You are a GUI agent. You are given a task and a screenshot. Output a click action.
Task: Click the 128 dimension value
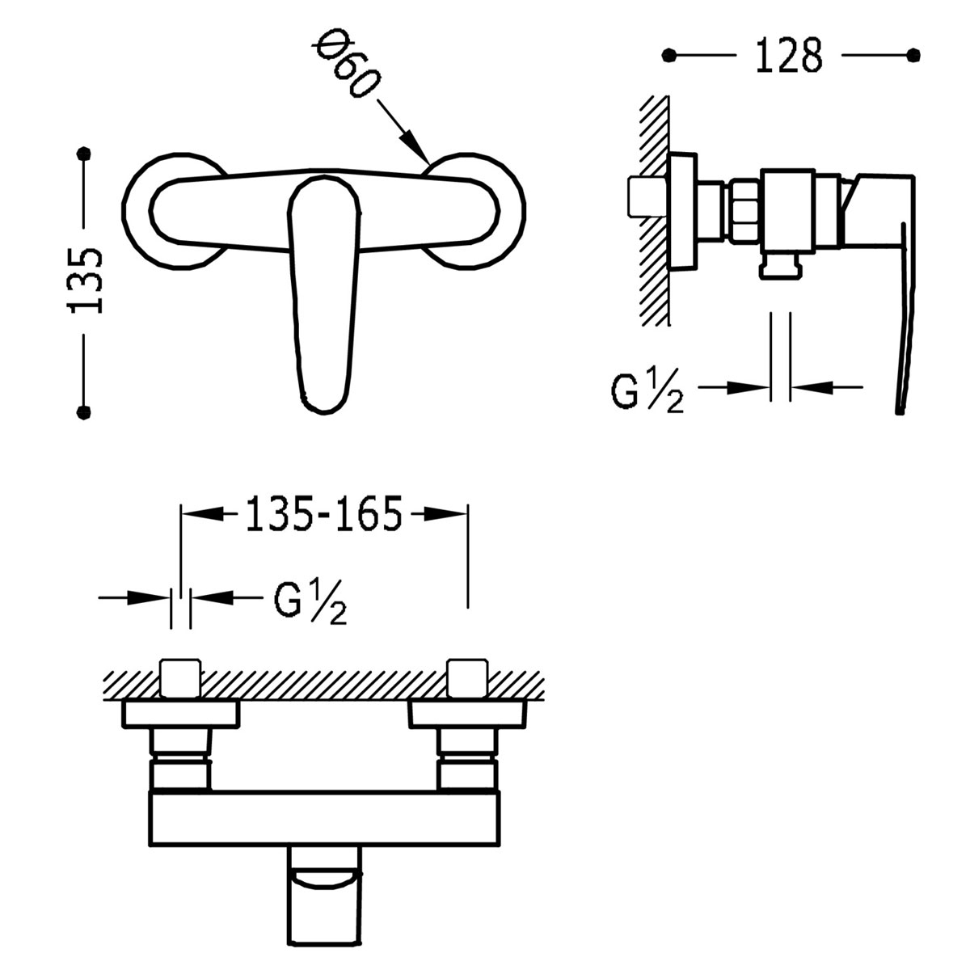click(789, 56)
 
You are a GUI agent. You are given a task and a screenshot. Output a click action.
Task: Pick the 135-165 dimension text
click(323, 514)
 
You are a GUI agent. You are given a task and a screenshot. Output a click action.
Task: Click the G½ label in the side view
click(647, 393)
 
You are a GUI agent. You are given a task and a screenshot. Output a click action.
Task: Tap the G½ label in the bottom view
click(310, 602)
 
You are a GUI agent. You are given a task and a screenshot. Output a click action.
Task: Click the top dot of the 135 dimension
click(83, 153)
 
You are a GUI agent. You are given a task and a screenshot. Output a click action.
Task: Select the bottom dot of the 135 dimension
click(83, 413)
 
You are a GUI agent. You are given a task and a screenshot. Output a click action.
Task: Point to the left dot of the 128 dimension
click(668, 55)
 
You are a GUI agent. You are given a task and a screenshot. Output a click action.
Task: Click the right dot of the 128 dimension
click(914, 55)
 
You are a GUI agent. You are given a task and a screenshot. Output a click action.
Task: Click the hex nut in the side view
click(744, 211)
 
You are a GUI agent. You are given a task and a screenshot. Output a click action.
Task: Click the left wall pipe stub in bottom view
click(182, 677)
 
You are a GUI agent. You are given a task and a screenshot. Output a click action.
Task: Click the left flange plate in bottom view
click(182, 715)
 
